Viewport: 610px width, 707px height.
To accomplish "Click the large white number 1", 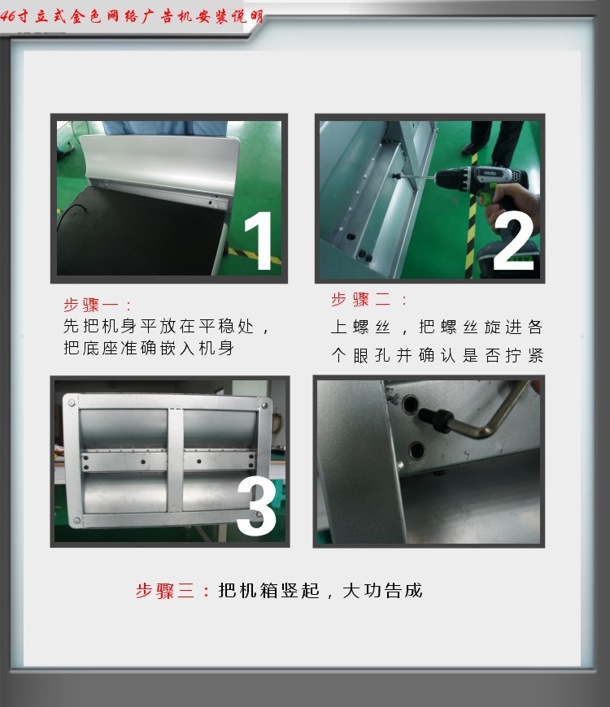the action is pos(259,241).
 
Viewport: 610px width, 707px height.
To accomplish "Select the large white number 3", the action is pos(256,507).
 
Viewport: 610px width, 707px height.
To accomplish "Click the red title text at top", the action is pos(132,17).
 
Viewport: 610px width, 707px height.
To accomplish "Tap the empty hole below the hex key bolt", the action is pos(416,450).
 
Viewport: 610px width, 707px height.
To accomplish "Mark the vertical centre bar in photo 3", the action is pos(175,460).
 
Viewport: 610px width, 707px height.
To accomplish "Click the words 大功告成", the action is pos(382,591).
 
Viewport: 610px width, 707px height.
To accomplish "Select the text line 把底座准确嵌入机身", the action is pos(149,348).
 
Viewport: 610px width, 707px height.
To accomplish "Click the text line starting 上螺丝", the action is pos(436,327).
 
